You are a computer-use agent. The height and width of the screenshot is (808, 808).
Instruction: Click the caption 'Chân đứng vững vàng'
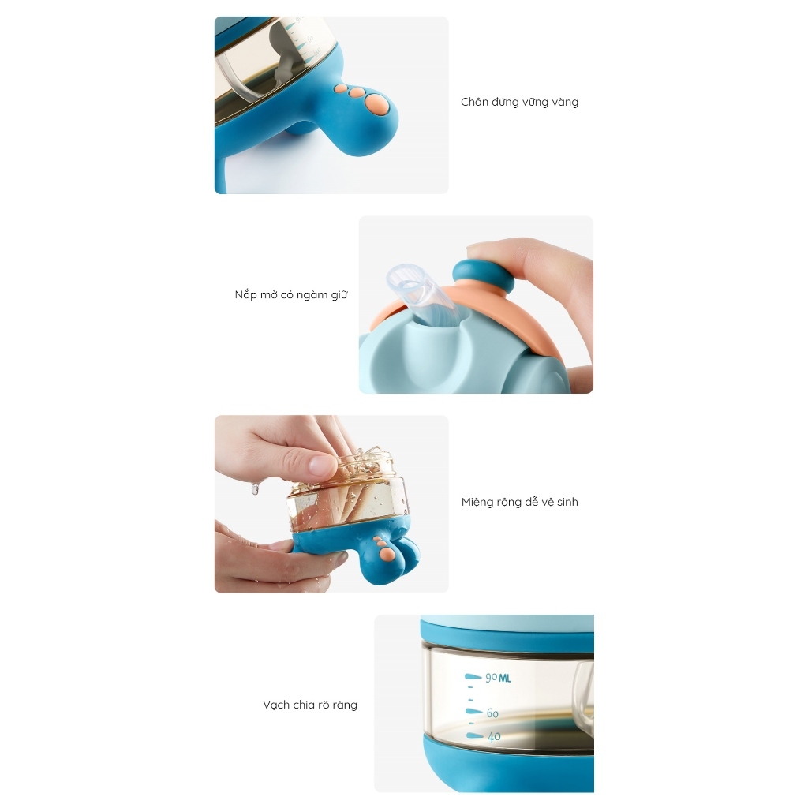coord(519,102)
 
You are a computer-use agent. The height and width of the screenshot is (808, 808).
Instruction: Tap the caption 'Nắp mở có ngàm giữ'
coord(291,295)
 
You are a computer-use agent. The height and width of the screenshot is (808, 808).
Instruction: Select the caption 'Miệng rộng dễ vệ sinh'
coord(519,502)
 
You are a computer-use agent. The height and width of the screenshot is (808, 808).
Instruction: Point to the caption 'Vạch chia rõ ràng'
coord(309,705)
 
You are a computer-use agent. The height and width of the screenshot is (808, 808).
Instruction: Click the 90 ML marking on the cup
coord(499,678)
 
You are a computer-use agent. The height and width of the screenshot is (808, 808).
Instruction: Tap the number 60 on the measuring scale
coord(492,713)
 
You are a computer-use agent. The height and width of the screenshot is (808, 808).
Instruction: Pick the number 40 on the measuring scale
coord(494,737)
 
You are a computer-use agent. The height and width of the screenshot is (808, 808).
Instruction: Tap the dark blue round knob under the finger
coord(482,275)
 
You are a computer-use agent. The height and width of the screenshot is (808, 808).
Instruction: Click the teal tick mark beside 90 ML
coord(473,676)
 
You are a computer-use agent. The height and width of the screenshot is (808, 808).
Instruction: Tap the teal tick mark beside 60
coord(473,712)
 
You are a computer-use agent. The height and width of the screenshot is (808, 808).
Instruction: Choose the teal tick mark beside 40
coord(474,736)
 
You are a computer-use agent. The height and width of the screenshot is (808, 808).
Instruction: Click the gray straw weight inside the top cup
coord(281,57)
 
